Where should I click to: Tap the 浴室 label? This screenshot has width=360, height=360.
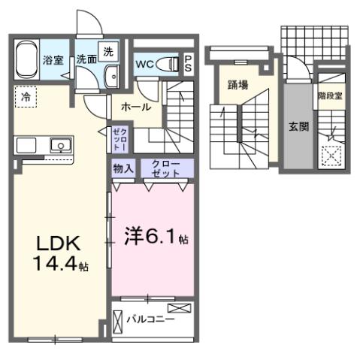53,60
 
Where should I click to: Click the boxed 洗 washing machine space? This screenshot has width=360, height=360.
108,52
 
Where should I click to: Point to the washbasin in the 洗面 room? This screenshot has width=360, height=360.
112,76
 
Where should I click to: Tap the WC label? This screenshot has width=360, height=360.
144,65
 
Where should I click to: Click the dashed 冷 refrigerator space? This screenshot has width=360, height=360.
26,95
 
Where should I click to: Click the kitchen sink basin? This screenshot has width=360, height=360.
58,144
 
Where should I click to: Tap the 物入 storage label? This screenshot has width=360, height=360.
123,168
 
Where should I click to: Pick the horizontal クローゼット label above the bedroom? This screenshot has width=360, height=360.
166,168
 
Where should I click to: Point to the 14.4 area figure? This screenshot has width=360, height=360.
54,265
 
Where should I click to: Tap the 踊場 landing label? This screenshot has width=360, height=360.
238,85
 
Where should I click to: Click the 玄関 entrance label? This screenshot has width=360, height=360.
298,127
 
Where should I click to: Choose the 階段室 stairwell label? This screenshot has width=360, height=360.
329,95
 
